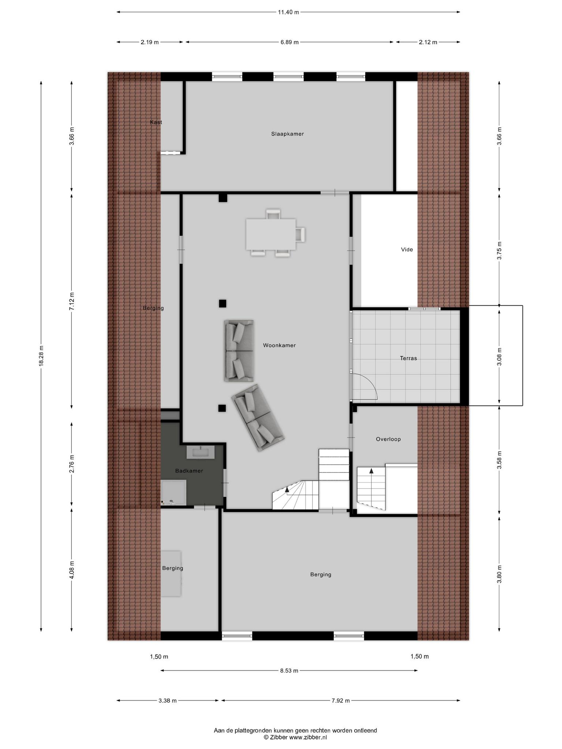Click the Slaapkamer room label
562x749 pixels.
pyautogui.click(x=287, y=134)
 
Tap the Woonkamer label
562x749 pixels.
pyautogui.click(x=279, y=345)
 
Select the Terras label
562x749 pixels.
pyautogui.click(x=408, y=358)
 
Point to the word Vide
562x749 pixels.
pyautogui.click(x=407, y=249)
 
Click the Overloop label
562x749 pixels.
pyautogui.click(x=388, y=439)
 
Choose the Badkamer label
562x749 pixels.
pyautogui.click(x=189, y=471)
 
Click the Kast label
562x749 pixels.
pyautogui.click(x=156, y=122)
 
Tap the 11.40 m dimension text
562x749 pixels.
pyautogui.click(x=288, y=12)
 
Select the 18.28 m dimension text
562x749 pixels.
pyautogui.click(x=41, y=356)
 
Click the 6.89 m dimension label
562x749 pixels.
pyautogui.click(x=289, y=42)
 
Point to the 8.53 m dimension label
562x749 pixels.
pyautogui.click(x=289, y=670)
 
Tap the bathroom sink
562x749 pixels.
pyautogui.click(x=201, y=452)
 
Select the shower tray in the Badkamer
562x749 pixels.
pyautogui.click(x=173, y=492)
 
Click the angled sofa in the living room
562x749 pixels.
pyautogui.click(x=258, y=417)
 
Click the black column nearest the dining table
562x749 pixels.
pyautogui.click(x=223, y=198)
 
